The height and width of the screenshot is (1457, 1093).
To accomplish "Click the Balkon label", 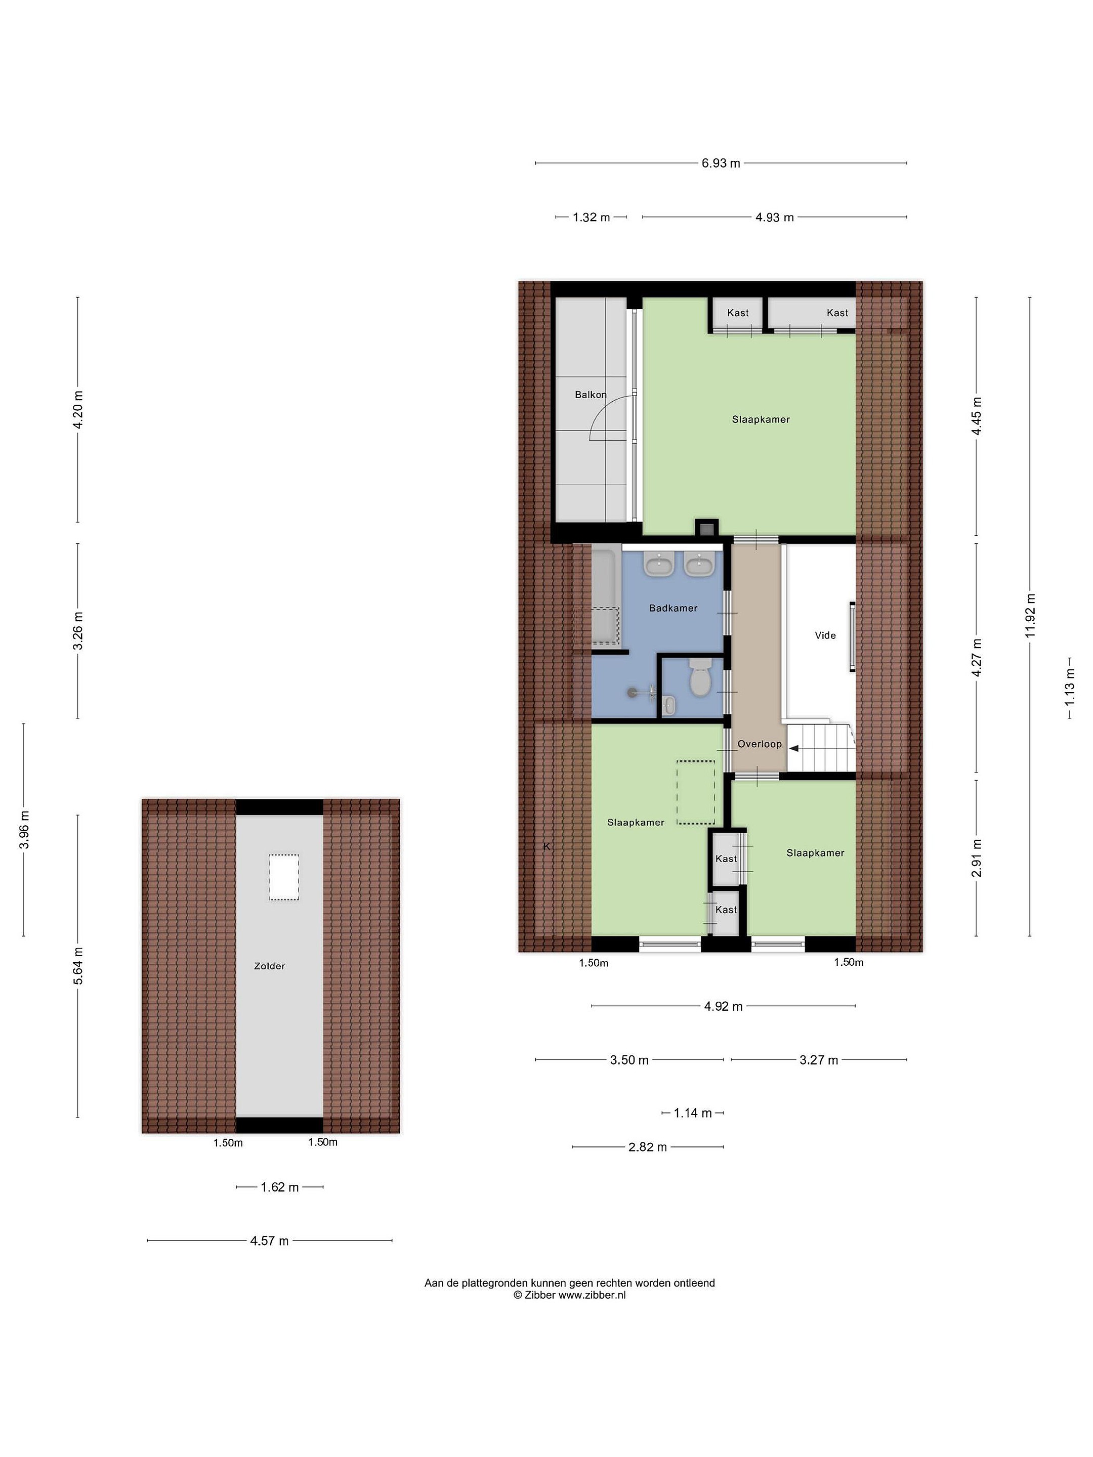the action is point(591,395).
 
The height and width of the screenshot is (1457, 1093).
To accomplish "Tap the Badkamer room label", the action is point(672,608).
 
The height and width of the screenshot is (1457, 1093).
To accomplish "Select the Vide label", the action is point(825,635).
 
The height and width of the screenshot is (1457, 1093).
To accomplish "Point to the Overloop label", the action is point(759,744).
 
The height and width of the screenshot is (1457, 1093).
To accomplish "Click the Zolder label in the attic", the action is point(270,966).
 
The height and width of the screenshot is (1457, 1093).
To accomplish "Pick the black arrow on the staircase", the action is point(794,748).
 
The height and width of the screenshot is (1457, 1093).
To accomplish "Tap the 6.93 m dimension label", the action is point(721,163).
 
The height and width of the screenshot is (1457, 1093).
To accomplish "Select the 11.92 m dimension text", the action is point(1030,615).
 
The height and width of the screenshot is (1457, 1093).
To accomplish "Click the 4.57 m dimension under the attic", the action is point(270,1241).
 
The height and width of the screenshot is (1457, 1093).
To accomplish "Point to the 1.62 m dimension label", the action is point(279,1187).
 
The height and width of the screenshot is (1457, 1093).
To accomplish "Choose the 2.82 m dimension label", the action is point(648,1147).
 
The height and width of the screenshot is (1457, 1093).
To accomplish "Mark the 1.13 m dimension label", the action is point(1069,687).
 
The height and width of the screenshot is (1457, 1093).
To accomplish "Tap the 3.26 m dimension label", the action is point(78,630).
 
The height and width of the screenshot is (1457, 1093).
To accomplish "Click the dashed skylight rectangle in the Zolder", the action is point(283,877).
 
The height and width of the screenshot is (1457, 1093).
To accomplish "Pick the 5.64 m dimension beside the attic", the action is point(78,966).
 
